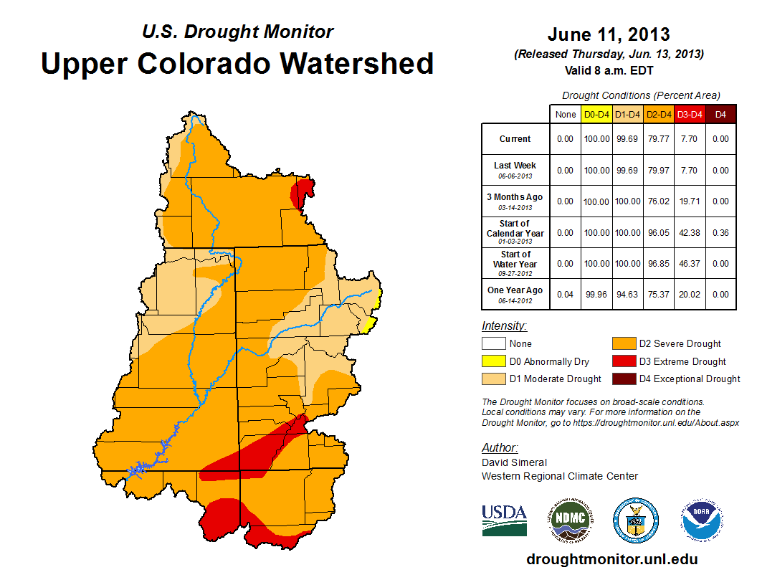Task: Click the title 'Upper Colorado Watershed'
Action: (237, 63)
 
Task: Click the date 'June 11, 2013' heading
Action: (609, 34)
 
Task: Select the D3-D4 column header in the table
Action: (690, 114)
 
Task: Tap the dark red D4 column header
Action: (720, 114)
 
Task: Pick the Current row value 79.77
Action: (658, 139)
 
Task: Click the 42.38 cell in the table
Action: (690, 233)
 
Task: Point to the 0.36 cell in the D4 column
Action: (720, 233)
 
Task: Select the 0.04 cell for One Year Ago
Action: (565, 294)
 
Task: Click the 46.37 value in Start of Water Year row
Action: (690, 264)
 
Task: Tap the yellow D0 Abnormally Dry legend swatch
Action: (493, 361)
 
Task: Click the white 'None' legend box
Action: (493, 344)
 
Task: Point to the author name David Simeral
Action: (514, 462)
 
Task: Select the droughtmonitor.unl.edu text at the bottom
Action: (611, 559)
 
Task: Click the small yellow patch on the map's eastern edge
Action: (368, 325)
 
